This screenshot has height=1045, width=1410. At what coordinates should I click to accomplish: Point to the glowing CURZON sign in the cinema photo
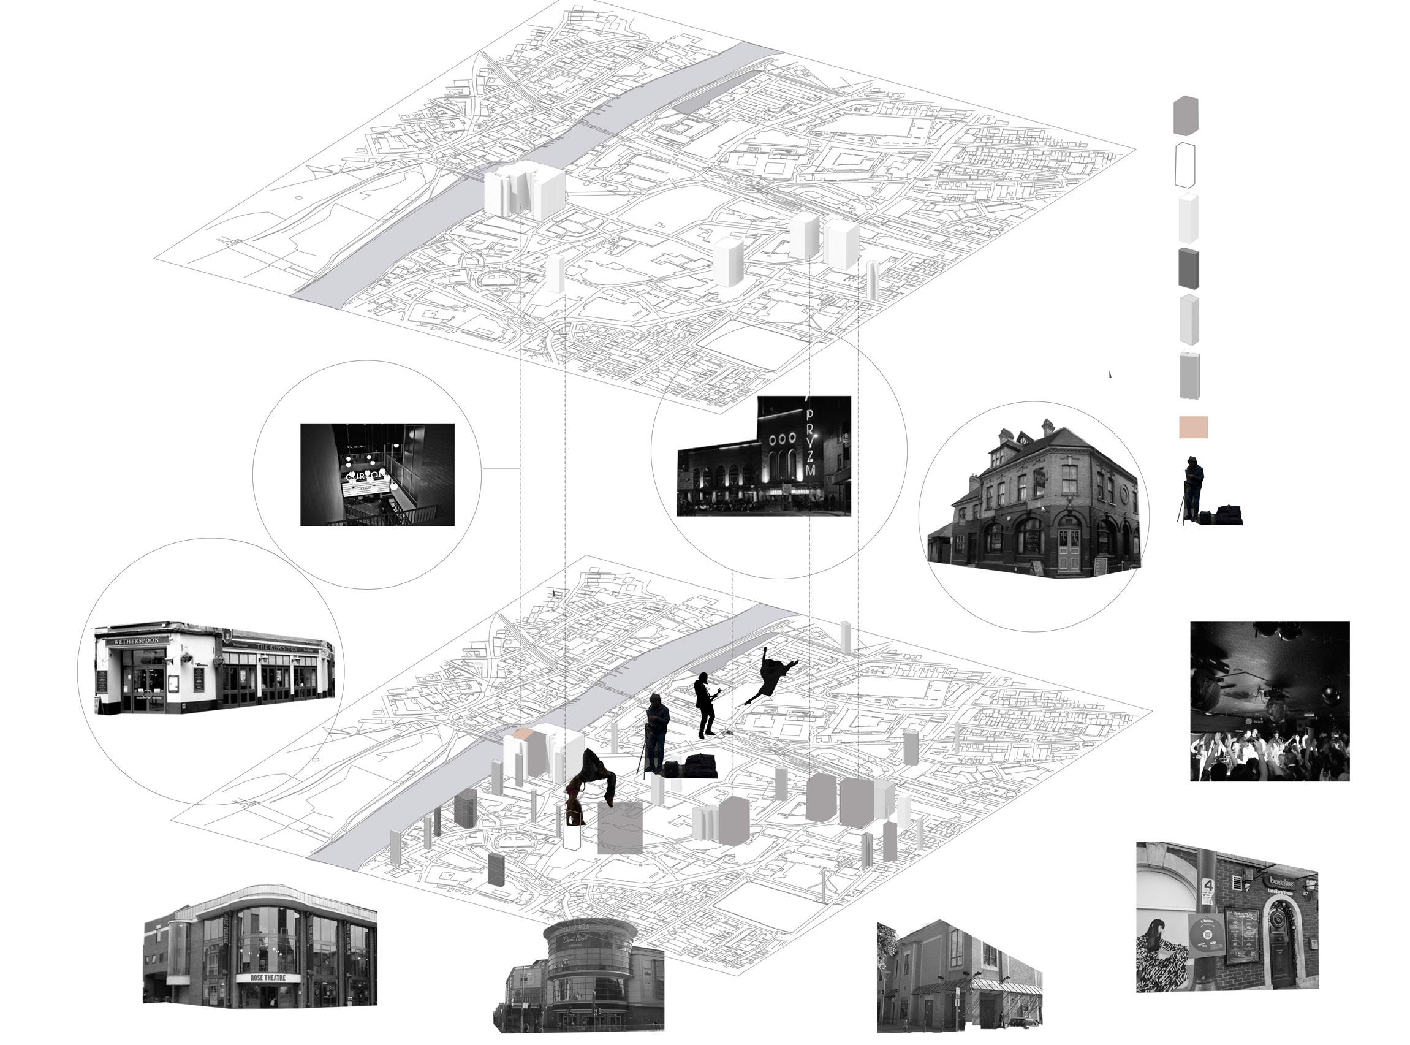[x=365, y=474]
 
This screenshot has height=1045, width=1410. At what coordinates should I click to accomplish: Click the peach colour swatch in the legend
[x=1193, y=427]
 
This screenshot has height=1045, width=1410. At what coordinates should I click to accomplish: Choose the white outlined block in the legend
[x=1185, y=164]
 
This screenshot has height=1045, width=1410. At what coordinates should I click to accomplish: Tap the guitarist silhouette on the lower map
[x=706, y=705]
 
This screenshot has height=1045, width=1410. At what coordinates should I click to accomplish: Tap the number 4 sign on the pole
[x=1208, y=886]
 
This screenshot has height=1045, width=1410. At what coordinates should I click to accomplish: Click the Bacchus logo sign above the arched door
[x=1282, y=883]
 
